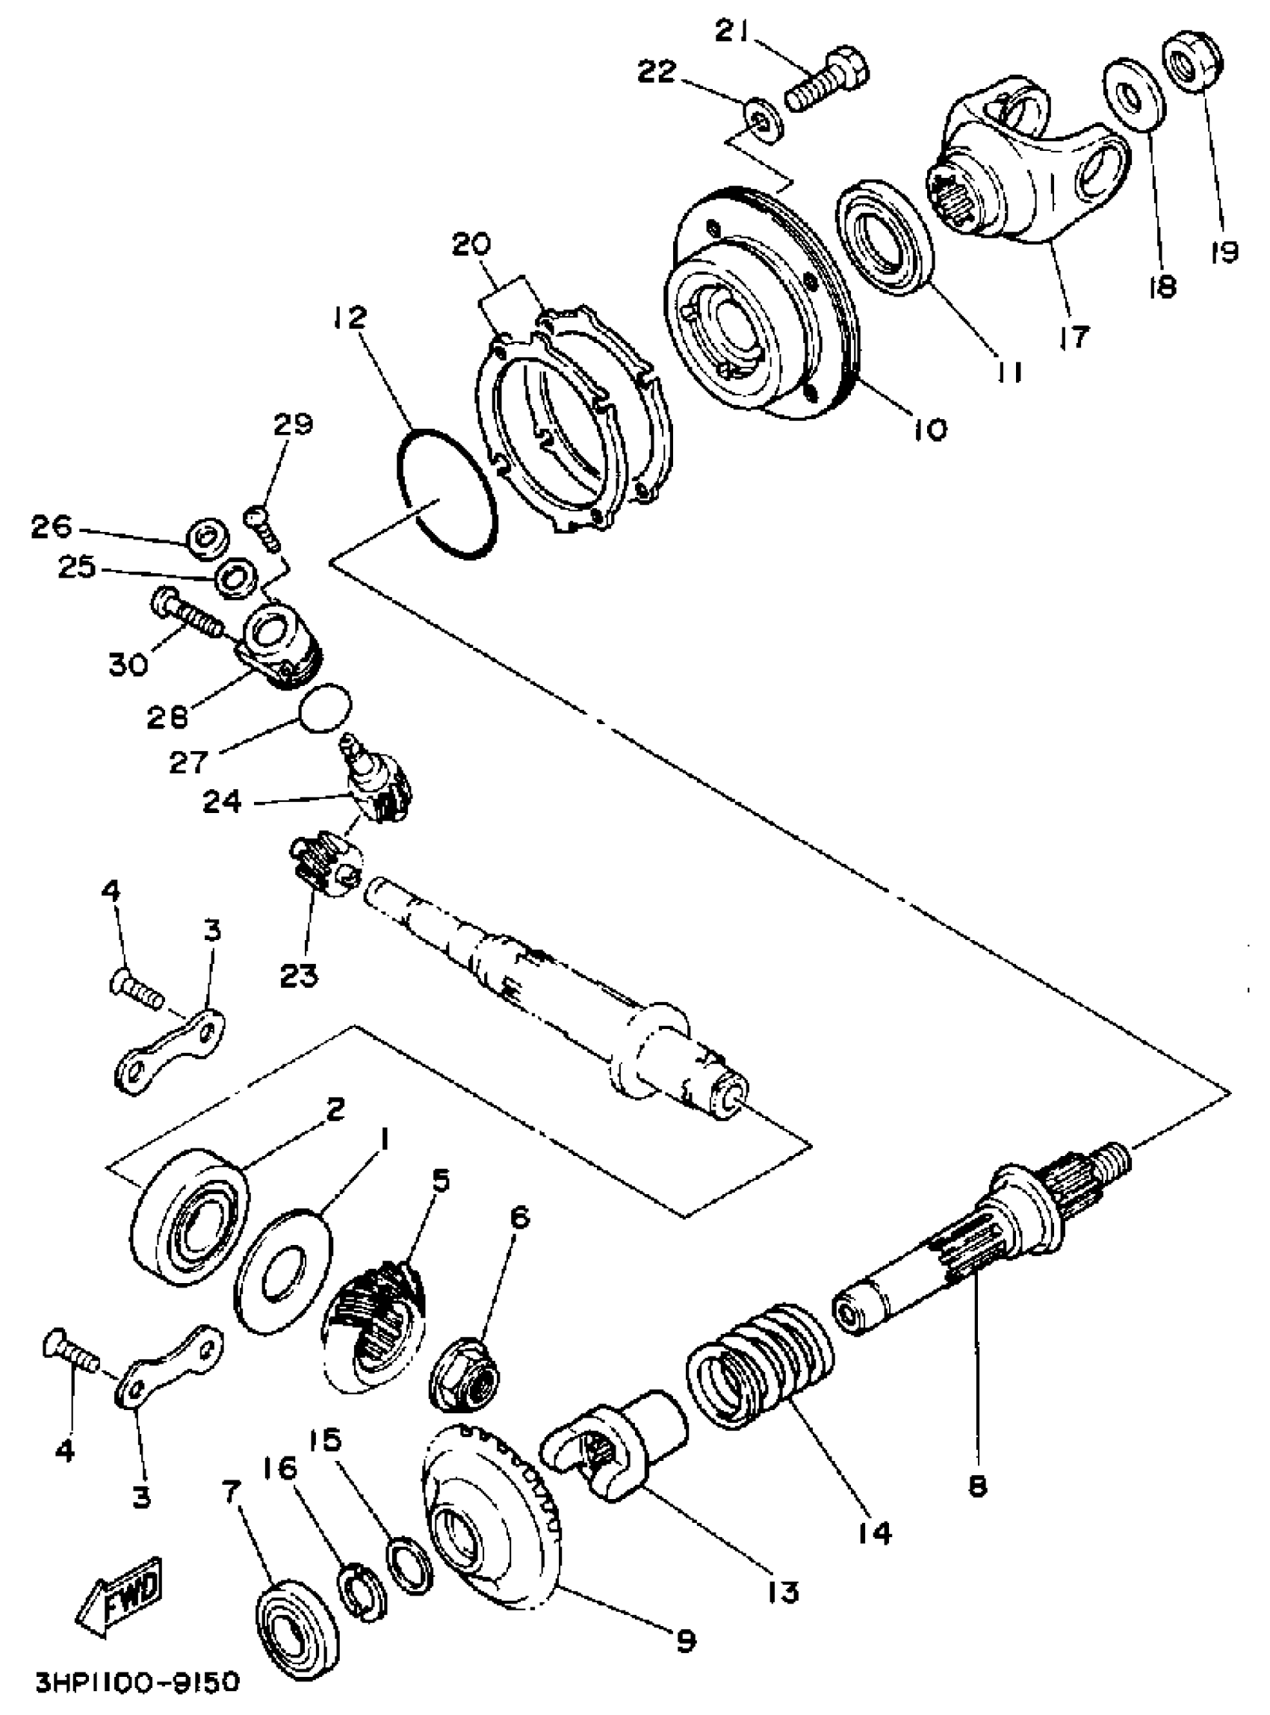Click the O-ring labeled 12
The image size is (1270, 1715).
[447, 492]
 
